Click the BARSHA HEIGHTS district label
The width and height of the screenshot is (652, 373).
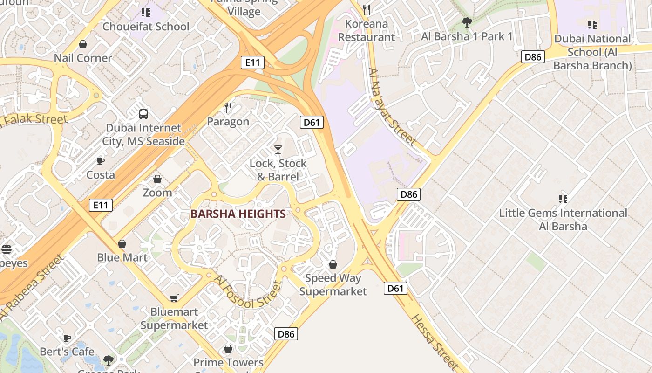(x=238, y=214)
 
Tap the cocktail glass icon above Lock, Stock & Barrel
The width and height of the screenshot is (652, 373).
(x=278, y=150)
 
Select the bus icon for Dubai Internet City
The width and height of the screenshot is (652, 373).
(x=143, y=114)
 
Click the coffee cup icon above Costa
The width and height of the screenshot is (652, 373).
(x=100, y=161)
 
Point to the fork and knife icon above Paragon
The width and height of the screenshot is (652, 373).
(x=228, y=108)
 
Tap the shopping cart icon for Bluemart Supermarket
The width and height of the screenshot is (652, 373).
(x=174, y=298)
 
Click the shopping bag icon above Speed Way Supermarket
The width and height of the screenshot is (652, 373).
(x=333, y=264)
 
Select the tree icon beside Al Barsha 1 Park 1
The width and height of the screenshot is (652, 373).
(x=467, y=22)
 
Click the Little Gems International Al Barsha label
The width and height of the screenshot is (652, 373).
(x=563, y=220)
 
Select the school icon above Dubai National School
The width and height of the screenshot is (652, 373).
(x=592, y=24)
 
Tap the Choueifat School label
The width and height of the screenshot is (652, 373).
(x=146, y=27)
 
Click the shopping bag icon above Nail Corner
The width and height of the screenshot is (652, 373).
(x=83, y=45)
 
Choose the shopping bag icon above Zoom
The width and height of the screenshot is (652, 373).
(x=157, y=179)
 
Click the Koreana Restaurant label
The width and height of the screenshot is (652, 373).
(x=366, y=30)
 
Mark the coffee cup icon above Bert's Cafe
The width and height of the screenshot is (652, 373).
(x=67, y=338)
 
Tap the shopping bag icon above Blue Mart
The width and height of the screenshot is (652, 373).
(x=122, y=244)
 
